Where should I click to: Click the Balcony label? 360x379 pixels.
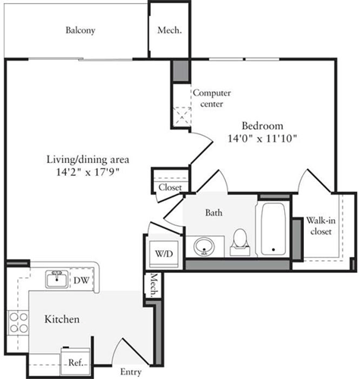pos(80,31)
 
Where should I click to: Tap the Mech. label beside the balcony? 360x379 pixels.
pos(168,31)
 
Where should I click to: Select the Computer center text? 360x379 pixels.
pos(211,98)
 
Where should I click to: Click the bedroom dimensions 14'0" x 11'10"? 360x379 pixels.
pos(262,139)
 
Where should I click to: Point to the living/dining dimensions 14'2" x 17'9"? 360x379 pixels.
pos(88,172)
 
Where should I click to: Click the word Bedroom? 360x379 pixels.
pos(262,125)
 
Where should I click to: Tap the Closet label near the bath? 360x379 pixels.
pos(170,187)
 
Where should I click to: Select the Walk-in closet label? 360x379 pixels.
pos(321,226)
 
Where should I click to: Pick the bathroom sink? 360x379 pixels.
pos(202,246)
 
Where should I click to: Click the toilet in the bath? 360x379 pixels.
pos(240,240)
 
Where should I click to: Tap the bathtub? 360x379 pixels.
pos(271,229)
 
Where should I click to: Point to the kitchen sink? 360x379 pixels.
pos(55,278)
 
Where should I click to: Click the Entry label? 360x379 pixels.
pos(131,372)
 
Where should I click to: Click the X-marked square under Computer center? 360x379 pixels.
pos(182,116)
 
